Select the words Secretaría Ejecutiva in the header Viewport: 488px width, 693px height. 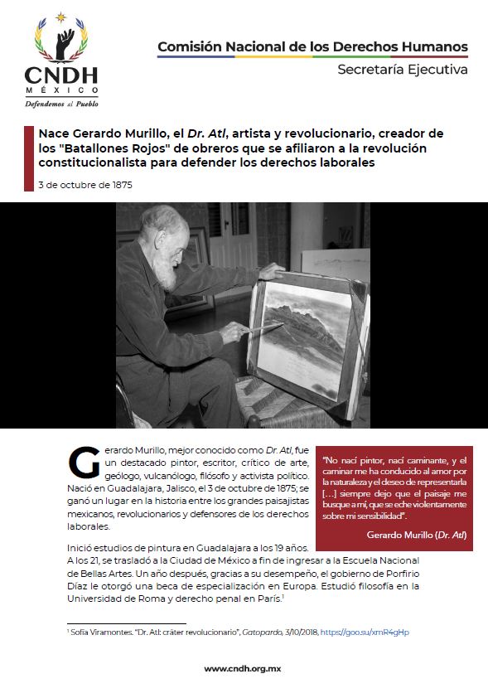(402, 70)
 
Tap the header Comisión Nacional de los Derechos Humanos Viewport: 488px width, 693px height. (312, 47)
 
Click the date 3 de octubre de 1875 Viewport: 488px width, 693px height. (85, 185)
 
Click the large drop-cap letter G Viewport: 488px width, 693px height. (83, 463)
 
